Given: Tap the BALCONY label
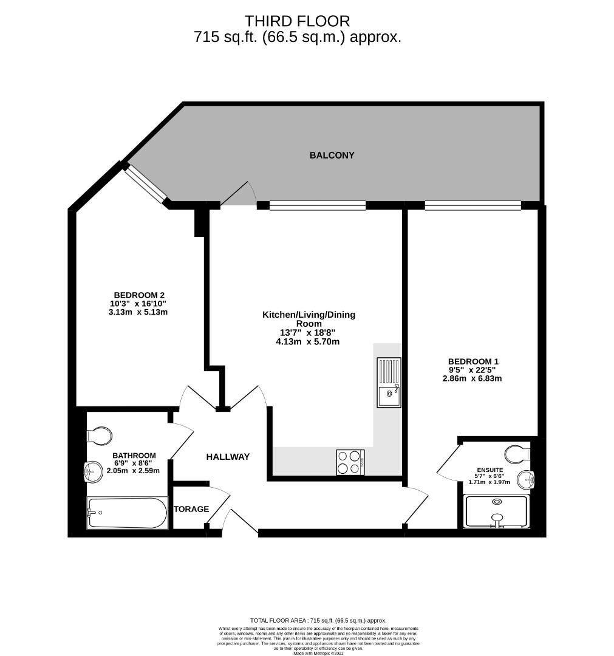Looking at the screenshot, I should (332, 155).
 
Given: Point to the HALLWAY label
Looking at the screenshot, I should (228, 457).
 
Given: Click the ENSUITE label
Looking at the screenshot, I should (489, 469).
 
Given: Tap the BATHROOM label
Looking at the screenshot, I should (134, 455).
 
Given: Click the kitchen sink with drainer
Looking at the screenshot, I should (389, 383).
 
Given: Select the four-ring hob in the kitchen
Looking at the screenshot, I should (350, 462).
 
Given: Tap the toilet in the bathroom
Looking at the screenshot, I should (100, 435).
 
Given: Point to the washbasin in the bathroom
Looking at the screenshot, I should (93, 470).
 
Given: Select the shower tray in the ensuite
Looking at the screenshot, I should (497, 511).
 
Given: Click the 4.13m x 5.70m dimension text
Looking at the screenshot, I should (307, 341).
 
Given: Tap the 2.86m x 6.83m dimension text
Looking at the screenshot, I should (472, 378).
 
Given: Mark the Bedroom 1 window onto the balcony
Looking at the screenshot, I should (472, 205).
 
